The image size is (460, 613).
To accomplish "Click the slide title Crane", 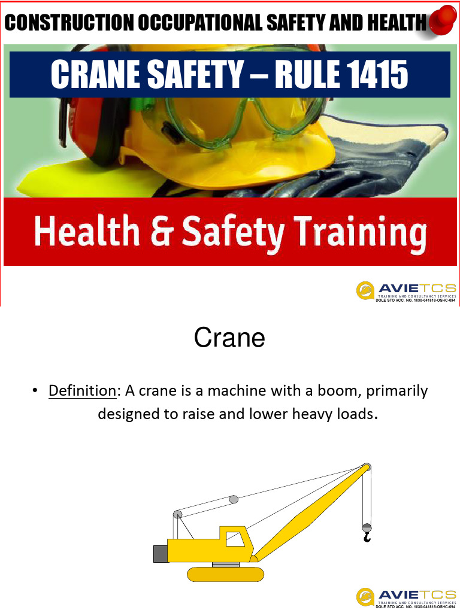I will (x=229, y=339).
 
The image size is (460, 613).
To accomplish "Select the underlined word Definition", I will (x=82, y=392).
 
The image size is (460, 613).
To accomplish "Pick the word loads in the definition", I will (x=352, y=414).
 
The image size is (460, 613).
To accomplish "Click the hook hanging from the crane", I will (x=367, y=536).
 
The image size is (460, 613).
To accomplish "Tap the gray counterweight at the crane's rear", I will (x=160, y=554).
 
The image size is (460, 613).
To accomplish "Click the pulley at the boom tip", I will (x=366, y=468).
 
